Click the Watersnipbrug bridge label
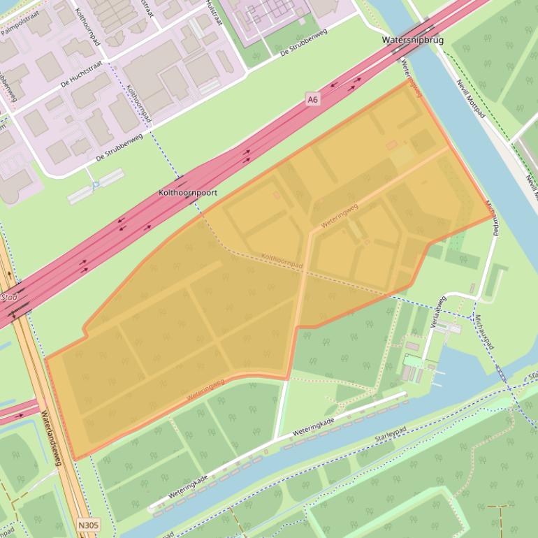(x=412, y=41)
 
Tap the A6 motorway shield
(x=313, y=100)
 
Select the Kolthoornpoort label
(x=188, y=192)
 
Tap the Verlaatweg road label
(x=439, y=312)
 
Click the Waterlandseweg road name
(x=52, y=437)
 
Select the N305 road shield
(x=88, y=524)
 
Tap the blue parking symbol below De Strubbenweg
(x=95, y=184)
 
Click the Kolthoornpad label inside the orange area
(x=282, y=259)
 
